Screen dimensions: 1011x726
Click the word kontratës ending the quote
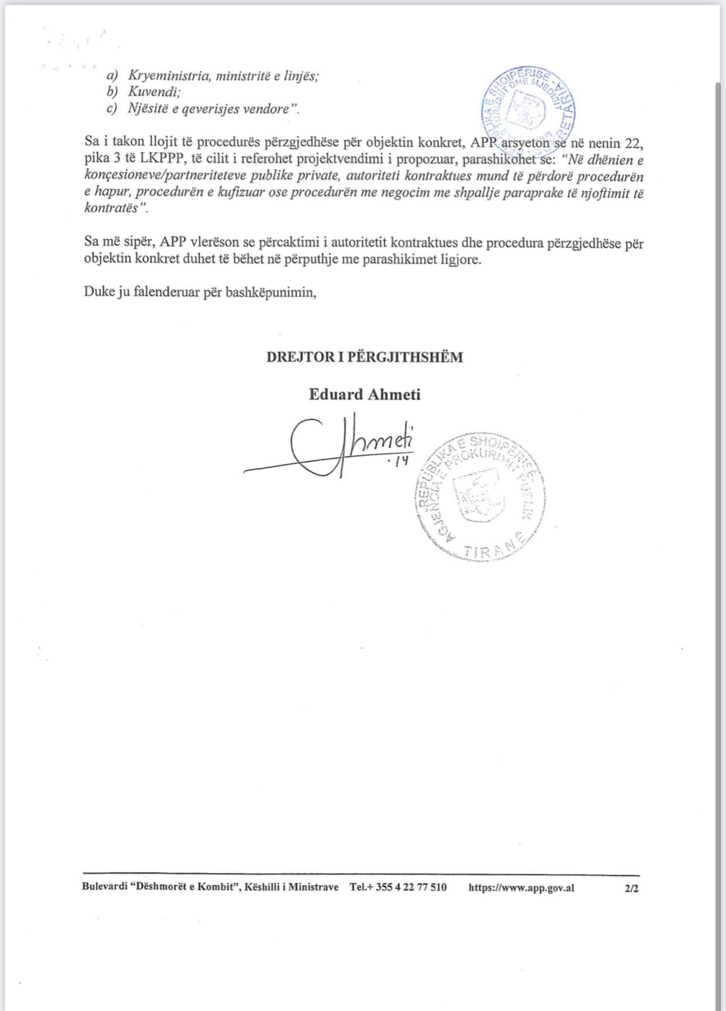tap(112, 209)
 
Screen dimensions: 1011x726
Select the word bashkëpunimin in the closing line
tap(272, 292)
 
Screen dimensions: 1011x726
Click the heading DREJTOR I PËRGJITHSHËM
tap(364, 357)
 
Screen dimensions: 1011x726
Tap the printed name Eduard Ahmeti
tap(364, 394)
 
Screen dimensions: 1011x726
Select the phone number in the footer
tap(398, 887)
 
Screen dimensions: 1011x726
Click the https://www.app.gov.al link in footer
tap(521, 887)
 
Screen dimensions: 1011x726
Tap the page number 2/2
tap(631, 888)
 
